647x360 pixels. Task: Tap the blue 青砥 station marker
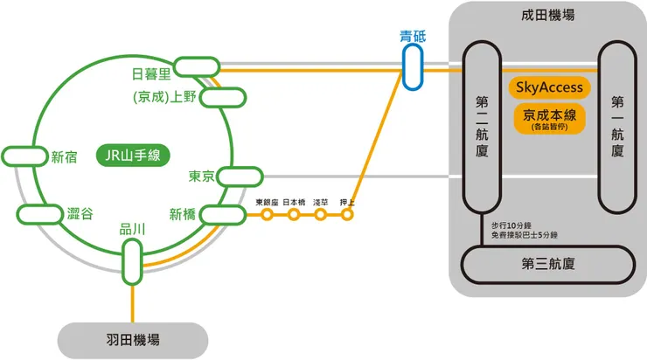(x=413, y=67)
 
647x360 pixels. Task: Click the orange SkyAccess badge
(x=549, y=88)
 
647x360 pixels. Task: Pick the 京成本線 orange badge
(x=548, y=119)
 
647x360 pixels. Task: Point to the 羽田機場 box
(x=133, y=340)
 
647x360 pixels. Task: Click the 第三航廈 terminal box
(x=548, y=262)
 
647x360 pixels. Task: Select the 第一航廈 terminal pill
(x=616, y=128)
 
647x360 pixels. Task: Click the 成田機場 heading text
(x=547, y=16)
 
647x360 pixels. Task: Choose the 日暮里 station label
(x=150, y=72)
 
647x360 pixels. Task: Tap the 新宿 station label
(x=64, y=157)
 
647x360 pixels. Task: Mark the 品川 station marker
(x=132, y=260)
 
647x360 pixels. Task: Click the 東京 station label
(x=202, y=177)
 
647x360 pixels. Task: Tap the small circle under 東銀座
(x=268, y=214)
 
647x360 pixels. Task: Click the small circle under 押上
(x=347, y=214)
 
